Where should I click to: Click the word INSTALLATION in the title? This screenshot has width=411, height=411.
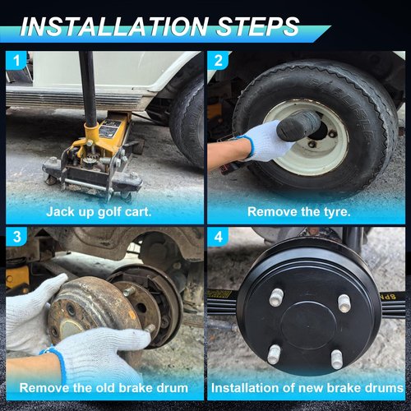tap(113, 26)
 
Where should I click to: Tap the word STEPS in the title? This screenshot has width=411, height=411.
tap(258, 26)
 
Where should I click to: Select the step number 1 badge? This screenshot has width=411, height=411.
tap(16, 60)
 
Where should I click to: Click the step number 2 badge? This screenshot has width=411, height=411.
tap(218, 60)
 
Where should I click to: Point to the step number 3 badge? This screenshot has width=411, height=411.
tap(16, 236)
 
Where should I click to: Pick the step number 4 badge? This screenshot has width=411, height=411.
tap(218, 236)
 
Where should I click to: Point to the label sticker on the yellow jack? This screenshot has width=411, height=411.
tap(109, 129)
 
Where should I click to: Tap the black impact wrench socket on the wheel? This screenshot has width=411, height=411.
tap(298, 125)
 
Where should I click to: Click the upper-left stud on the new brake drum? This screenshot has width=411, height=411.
tap(276, 298)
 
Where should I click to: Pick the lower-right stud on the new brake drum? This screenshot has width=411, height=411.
tap(337, 359)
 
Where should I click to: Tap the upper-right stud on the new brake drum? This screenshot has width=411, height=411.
tap(344, 302)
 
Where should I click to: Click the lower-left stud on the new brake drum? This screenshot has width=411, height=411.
tap(274, 354)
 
